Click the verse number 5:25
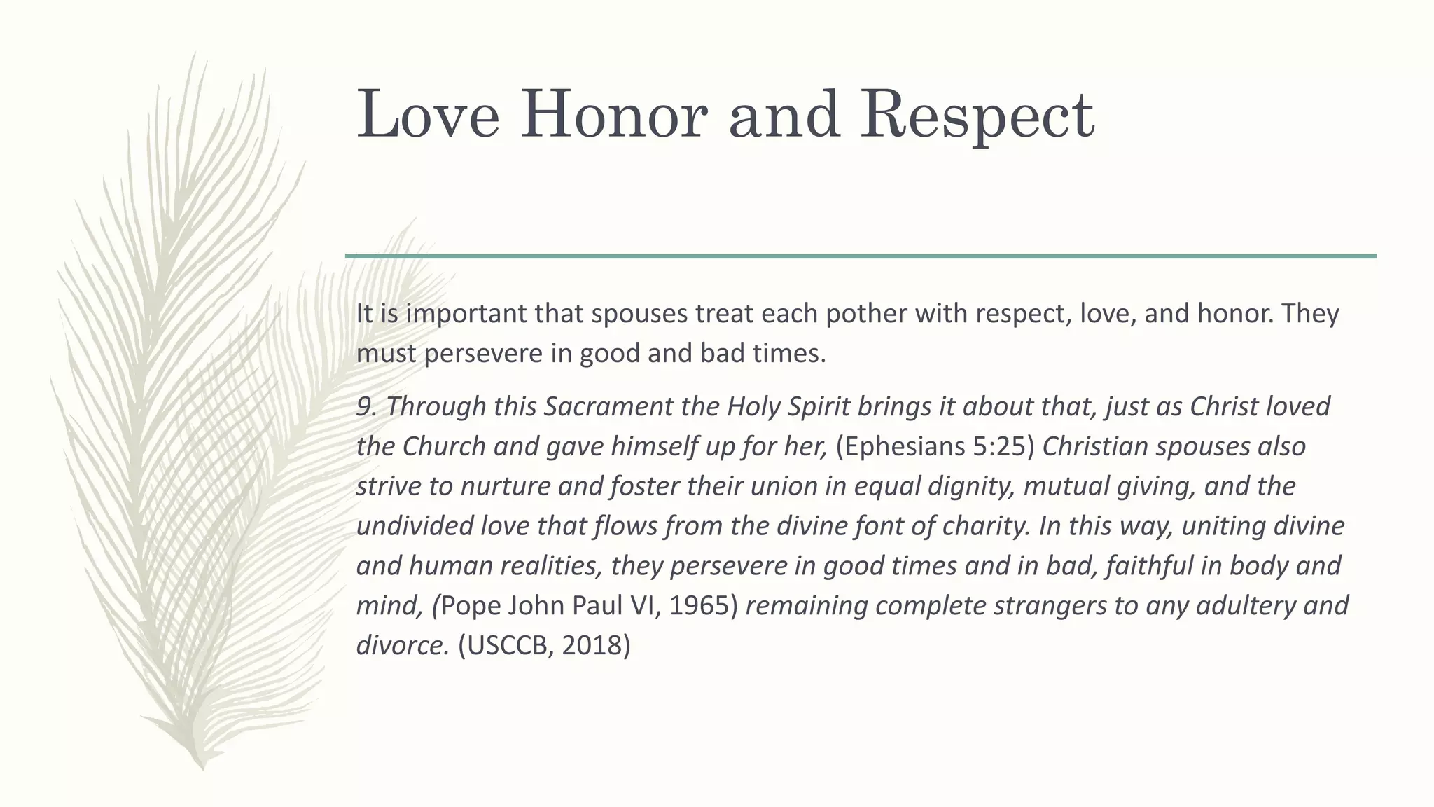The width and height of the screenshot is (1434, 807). point(999,446)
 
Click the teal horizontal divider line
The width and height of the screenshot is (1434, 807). point(861,256)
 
